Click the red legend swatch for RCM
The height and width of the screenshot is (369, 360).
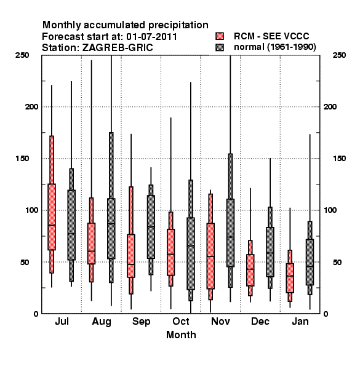220,36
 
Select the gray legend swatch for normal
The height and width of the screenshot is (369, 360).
220,47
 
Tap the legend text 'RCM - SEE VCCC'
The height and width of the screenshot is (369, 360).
271,36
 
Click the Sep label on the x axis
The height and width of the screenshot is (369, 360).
142,322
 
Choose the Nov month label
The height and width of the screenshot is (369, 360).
220,322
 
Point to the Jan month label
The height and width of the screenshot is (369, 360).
300,322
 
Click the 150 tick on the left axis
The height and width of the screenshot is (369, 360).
23,159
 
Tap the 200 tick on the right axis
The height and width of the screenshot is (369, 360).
330,107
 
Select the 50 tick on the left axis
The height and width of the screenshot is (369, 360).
25,262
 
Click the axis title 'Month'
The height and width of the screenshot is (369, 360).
181,335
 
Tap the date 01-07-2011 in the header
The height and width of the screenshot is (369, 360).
151,37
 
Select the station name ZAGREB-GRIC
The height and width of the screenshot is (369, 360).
118,48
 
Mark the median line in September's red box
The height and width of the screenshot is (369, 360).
131,264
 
